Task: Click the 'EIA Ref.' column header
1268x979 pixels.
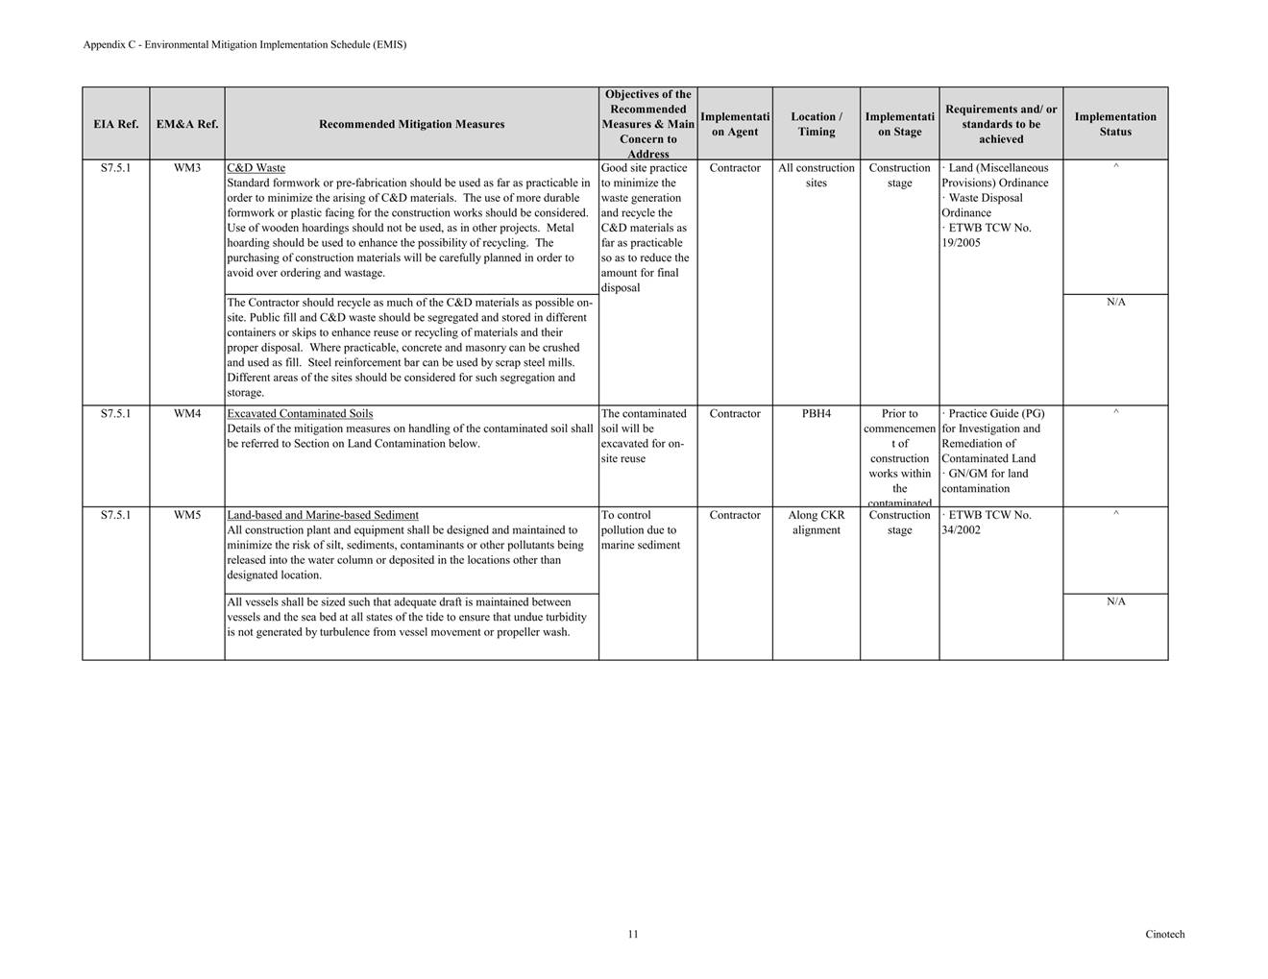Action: [x=115, y=124]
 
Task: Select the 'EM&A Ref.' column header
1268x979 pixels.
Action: [x=187, y=124]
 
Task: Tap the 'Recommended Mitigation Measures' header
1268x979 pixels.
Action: [x=411, y=124]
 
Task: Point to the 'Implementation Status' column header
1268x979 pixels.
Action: [x=1115, y=124]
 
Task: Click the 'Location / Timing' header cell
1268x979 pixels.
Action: [x=816, y=124]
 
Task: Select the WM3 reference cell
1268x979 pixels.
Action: [x=187, y=168]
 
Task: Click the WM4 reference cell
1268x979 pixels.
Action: [x=187, y=414]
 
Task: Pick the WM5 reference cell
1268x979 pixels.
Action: [x=187, y=515]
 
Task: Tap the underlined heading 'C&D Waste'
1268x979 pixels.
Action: [x=256, y=168]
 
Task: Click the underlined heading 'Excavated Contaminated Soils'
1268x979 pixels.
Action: [x=300, y=414]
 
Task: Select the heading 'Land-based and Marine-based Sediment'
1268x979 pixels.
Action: [x=323, y=515]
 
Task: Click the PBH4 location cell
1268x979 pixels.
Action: [x=816, y=414]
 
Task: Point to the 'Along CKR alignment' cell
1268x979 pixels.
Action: [x=816, y=523]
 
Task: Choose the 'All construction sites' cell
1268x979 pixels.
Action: [x=816, y=176]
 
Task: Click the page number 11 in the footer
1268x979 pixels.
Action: [x=633, y=934]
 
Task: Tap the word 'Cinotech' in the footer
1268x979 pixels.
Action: [x=1164, y=934]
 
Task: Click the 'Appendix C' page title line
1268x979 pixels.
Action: [x=244, y=45]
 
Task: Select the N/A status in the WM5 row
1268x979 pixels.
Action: [x=1115, y=602]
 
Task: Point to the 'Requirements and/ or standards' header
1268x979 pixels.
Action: [x=1001, y=124]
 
